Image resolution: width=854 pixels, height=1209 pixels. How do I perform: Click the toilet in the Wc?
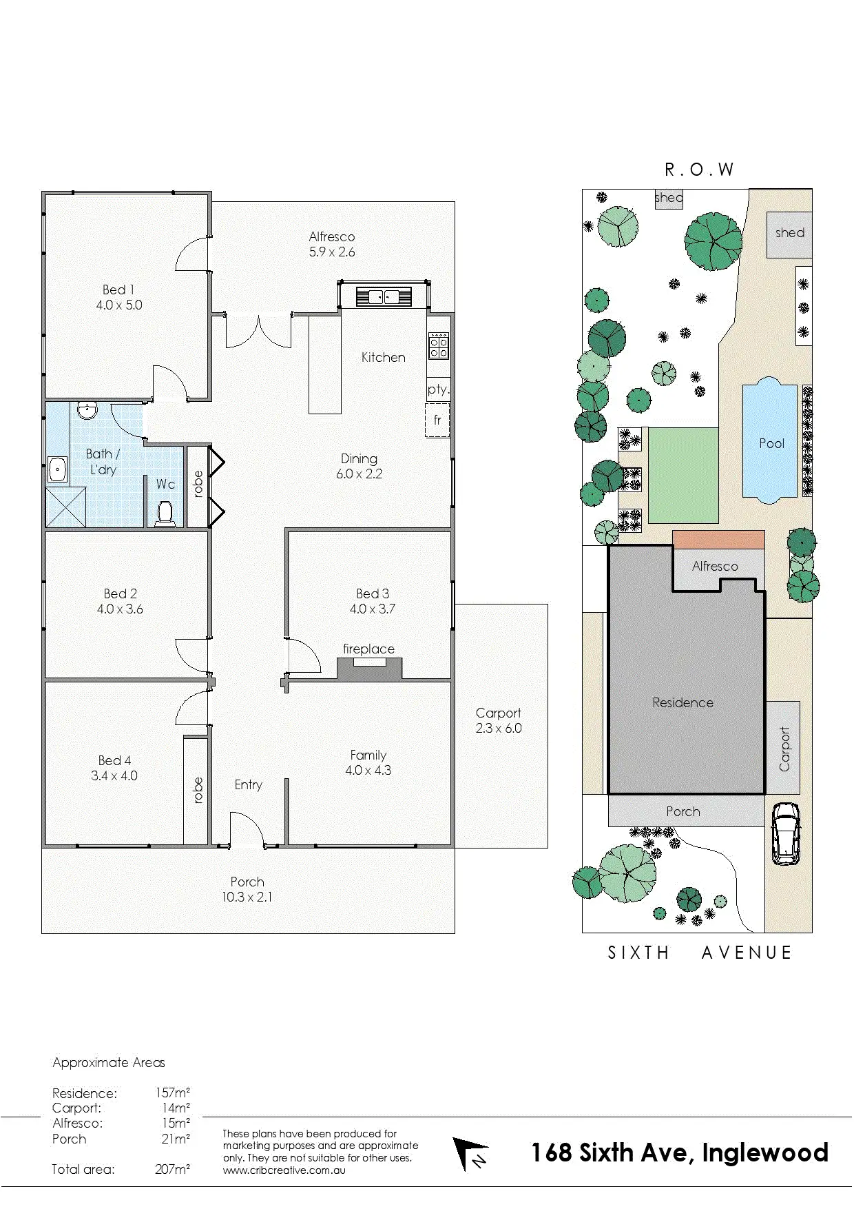coord(165,514)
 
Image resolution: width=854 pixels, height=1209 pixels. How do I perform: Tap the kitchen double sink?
coord(384,297)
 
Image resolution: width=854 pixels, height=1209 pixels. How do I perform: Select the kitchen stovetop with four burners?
coord(439,345)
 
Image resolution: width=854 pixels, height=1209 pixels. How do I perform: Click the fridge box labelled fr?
coord(437,420)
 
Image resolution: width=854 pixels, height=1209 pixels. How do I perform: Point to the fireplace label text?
coord(368,649)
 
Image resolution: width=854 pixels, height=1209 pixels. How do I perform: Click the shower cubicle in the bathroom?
coord(66,507)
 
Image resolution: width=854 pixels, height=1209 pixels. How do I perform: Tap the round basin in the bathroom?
coord(87,411)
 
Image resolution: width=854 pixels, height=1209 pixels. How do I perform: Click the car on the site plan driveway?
coord(785,834)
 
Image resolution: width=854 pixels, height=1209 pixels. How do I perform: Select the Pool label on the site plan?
coord(771,444)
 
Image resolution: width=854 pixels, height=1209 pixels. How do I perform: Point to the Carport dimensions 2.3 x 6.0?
coord(499,729)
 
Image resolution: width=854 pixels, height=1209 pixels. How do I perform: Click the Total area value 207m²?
coord(172,1169)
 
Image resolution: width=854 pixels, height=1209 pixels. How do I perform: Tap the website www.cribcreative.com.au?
coord(284,1170)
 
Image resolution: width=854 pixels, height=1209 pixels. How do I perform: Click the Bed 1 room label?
coord(118,290)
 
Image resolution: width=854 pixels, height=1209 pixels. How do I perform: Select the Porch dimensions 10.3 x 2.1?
coord(247,897)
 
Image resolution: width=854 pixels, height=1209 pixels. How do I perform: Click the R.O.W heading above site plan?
coord(699,170)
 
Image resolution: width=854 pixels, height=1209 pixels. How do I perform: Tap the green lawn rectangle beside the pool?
coord(683,476)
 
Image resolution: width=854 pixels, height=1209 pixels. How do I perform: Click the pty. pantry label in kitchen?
coord(438,389)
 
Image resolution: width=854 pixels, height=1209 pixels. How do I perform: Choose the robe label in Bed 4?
coord(198,790)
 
